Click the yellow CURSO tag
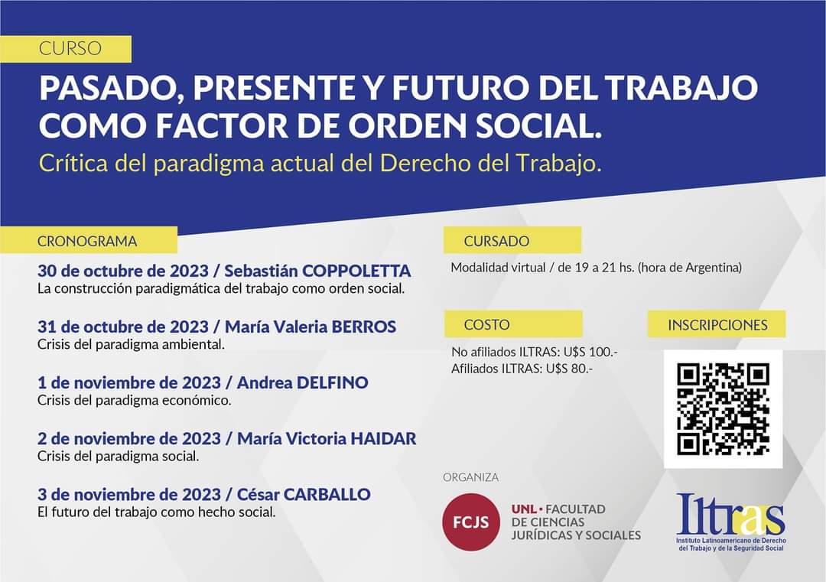coord(65,49)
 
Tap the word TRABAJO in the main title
coord(681,88)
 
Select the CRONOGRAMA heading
coord(87,241)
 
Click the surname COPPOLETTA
coord(356,271)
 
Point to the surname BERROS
coord(363,327)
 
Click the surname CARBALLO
coord(327,494)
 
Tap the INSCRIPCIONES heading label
coord(717,325)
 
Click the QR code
coord(723,408)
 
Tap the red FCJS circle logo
coord(471,522)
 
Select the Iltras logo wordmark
coord(730,514)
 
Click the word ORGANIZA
coord(470,477)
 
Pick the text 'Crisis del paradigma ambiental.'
coord(132,344)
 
